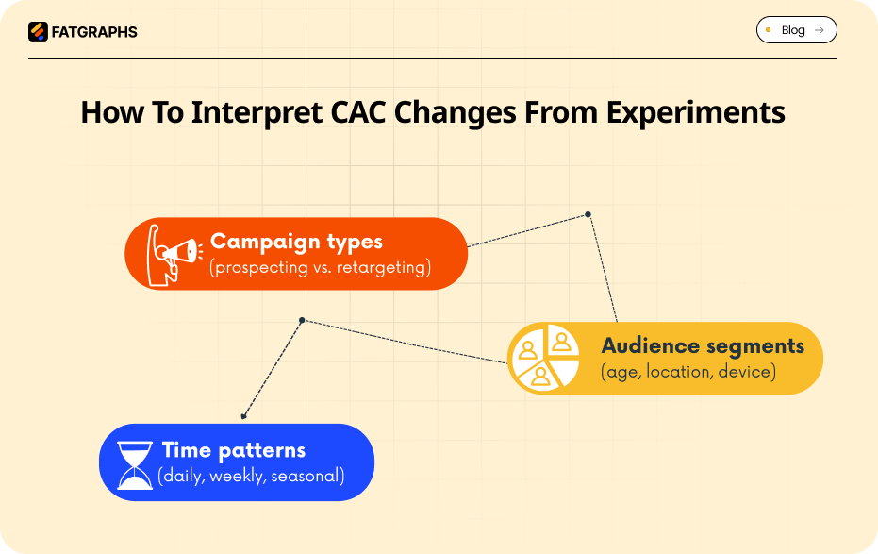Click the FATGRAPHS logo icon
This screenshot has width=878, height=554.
click(x=38, y=31)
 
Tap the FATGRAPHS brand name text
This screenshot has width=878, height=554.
click(x=93, y=32)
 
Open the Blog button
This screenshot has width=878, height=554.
click(x=796, y=30)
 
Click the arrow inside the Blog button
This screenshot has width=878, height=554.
click(x=820, y=30)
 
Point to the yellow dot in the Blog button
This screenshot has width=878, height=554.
click(x=769, y=30)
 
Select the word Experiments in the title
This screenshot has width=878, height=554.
click(x=695, y=112)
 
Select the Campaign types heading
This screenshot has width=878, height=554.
click(x=296, y=242)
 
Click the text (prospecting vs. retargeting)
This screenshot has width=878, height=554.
click(x=320, y=268)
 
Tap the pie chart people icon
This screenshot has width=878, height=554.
click(x=543, y=358)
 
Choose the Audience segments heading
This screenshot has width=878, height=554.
click(x=703, y=345)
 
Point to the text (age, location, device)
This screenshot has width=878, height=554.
click(x=687, y=372)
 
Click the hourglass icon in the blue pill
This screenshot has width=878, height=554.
click(x=135, y=463)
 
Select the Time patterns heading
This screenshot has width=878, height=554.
click(x=233, y=450)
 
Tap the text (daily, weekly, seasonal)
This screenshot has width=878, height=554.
click(x=251, y=476)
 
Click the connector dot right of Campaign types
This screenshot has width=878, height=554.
click(x=588, y=214)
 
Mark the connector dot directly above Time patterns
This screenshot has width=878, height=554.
click(x=243, y=416)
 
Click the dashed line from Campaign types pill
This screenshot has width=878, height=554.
click(x=528, y=230)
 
